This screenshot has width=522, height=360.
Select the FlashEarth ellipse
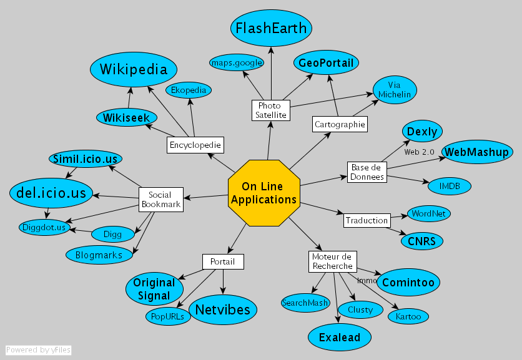[271, 28]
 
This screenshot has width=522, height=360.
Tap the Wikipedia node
[134, 69]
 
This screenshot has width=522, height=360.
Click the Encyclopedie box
[195, 145]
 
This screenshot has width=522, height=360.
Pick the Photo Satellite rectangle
[271, 110]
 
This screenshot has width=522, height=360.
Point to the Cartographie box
[339, 124]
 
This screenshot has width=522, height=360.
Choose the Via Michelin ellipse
[394, 89]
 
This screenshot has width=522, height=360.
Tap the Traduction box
[367, 220]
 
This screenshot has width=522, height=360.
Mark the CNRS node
[421, 240]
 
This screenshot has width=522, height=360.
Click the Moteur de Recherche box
[332, 261]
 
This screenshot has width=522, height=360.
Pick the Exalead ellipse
[340, 338]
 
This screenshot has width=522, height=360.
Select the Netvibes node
[223, 309]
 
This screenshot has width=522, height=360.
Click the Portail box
[222, 261]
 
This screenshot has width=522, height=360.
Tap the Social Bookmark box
[160, 200]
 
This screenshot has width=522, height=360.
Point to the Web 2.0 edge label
[420, 152]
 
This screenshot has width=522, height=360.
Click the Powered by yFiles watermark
[38, 350]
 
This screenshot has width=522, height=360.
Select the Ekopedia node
[189, 90]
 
